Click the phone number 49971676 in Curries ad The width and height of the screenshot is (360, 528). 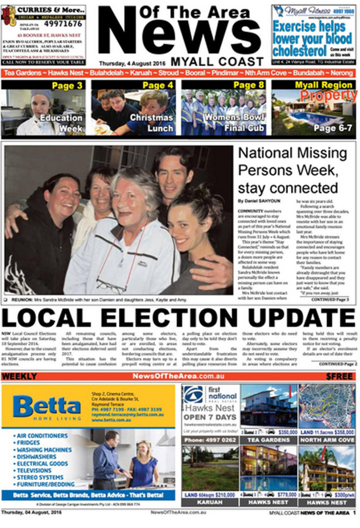click(62, 24)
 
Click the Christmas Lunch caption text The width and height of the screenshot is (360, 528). click(151, 123)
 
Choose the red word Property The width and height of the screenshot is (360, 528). click(328, 95)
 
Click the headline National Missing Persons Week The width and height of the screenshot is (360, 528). click(292, 170)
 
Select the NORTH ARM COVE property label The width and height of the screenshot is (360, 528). click(327, 440)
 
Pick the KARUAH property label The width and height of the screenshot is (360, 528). click(209, 502)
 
